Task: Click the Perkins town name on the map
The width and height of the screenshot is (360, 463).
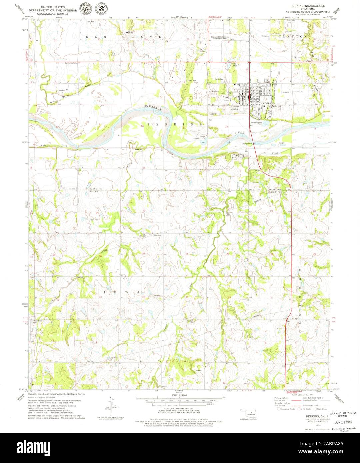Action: [x=267, y=103]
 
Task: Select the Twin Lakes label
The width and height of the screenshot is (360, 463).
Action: [x=235, y=65]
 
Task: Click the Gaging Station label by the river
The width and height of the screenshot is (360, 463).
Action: [x=247, y=144]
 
